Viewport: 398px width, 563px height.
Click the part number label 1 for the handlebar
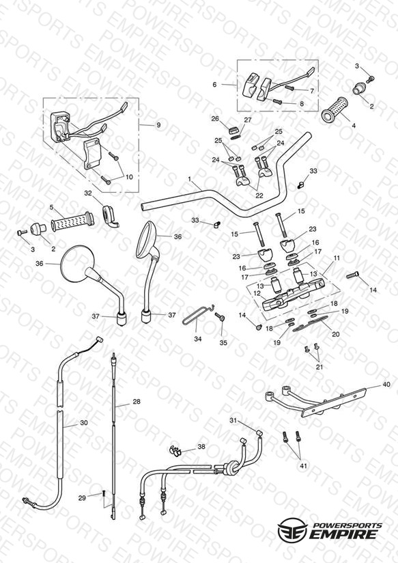click(x=190, y=178)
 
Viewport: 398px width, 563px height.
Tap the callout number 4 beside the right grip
click(x=354, y=126)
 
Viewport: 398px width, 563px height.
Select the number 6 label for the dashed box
click(x=214, y=85)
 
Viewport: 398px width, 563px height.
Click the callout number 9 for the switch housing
click(x=158, y=125)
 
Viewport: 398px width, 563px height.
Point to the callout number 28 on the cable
click(x=137, y=402)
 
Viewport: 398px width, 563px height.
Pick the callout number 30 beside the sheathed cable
click(x=83, y=423)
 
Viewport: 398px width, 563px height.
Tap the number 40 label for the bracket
click(x=386, y=384)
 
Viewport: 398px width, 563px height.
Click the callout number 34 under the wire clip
click(x=198, y=339)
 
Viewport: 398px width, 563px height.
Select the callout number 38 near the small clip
click(x=201, y=447)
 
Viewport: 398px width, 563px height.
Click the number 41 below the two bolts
click(x=304, y=466)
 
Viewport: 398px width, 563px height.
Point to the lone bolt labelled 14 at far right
click(x=353, y=275)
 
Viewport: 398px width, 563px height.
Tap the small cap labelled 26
click(x=234, y=129)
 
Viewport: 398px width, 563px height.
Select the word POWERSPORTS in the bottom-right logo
click(x=347, y=525)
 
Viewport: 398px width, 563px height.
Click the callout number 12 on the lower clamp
click(x=257, y=293)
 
